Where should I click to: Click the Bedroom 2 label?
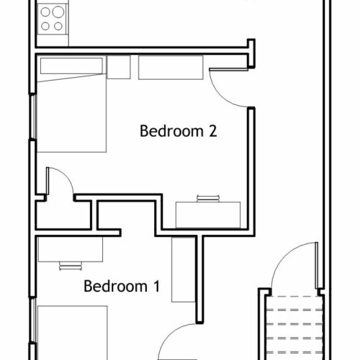[x=179, y=131]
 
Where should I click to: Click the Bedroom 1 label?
[x=122, y=286]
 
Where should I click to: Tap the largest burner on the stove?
[x=58, y=12]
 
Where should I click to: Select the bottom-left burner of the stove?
[x=45, y=26]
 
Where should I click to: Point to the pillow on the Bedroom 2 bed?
[x=71, y=66]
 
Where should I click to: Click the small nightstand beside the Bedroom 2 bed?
[x=119, y=67]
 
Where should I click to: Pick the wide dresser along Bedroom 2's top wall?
[x=171, y=68]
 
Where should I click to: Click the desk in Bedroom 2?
[x=208, y=215]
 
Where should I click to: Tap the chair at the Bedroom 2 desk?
[x=208, y=199]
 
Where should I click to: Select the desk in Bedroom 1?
[x=71, y=249]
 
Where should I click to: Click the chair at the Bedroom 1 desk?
[x=71, y=266]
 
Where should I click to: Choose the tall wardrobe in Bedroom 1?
[x=184, y=270]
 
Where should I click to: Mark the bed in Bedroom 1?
[x=72, y=333]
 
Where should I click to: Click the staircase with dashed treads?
[x=294, y=328]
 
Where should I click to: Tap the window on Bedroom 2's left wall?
[x=33, y=117]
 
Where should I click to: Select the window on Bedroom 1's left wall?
[x=33, y=320]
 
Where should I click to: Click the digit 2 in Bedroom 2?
[x=213, y=131]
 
